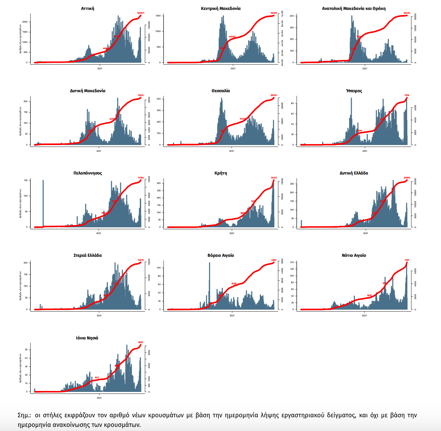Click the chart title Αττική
(88, 9)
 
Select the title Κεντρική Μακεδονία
(221, 9)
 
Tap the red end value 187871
(140, 13)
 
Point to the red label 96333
(274, 13)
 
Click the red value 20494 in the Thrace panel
(407, 13)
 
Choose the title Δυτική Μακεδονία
(88, 91)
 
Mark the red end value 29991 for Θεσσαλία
(274, 95)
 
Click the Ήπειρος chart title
(354, 91)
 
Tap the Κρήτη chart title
(221, 173)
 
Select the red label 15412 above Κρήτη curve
(274, 178)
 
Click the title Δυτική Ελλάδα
(354, 173)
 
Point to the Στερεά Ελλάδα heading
(88, 256)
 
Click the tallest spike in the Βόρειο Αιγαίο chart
(210, 279)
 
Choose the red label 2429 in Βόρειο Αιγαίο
(234, 284)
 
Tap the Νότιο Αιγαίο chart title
(354, 256)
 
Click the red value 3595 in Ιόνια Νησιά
(140, 342)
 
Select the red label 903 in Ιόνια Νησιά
(97, 378)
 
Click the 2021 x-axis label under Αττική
(100, 69)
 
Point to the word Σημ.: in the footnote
(25, 415)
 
